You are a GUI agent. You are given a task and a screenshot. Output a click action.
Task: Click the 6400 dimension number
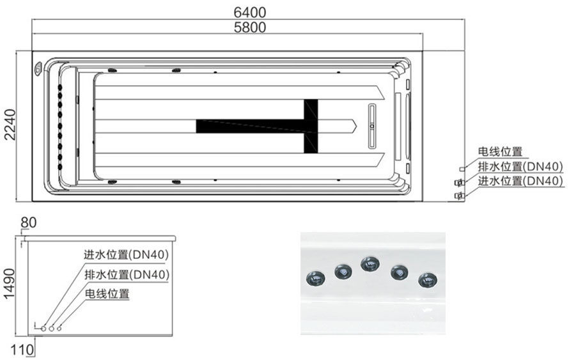250,12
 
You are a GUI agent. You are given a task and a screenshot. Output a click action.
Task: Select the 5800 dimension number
250,27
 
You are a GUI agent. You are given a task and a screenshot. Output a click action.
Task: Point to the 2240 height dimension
10,125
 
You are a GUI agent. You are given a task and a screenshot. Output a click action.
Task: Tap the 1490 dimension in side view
9,284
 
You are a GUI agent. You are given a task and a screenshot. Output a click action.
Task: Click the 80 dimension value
29,223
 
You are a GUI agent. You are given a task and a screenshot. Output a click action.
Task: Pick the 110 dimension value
22,350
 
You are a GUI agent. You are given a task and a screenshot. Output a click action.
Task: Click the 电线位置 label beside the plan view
500,152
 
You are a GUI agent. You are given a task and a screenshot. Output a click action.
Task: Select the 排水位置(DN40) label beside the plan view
520,166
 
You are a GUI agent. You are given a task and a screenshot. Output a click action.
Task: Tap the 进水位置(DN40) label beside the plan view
520,180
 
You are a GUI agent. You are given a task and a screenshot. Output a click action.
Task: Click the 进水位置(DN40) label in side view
127,254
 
